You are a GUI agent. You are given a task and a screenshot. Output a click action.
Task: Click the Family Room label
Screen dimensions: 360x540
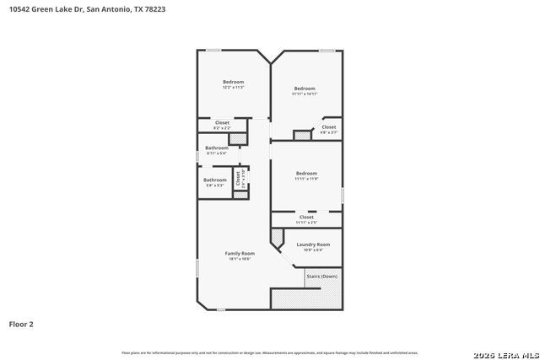240,253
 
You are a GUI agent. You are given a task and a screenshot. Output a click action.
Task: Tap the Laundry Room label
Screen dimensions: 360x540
313,244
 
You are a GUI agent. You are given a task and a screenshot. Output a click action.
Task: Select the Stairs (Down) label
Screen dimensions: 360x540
322,276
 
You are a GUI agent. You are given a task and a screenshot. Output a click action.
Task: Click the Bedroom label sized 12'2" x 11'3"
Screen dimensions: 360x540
233,82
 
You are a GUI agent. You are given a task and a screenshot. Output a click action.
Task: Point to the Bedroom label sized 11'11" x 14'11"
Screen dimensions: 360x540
305,88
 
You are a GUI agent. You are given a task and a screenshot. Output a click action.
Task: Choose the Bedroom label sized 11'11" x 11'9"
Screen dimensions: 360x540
305,173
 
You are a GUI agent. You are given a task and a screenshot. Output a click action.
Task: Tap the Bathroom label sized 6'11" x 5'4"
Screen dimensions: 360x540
217,148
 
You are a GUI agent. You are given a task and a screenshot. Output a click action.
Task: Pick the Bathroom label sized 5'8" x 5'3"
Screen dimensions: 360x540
215,180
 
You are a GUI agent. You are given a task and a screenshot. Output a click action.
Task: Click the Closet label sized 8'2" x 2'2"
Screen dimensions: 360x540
222,122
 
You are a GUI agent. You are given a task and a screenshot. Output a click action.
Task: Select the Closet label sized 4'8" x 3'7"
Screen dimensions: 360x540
328,126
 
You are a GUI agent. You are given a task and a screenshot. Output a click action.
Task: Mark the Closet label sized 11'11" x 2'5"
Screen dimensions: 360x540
306,217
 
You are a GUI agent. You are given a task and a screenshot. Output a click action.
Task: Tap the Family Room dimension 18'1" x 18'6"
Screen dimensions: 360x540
240,259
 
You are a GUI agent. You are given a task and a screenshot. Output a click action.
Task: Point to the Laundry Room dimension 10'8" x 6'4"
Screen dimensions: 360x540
313,250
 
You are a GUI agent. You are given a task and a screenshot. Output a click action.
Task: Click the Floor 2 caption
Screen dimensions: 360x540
21,324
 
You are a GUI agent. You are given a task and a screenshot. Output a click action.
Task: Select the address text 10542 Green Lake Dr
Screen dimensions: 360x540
46,11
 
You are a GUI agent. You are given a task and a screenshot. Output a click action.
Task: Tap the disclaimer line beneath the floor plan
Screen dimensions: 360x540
270,352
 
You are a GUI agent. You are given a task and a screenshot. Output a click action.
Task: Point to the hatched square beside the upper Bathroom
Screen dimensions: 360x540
238,137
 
